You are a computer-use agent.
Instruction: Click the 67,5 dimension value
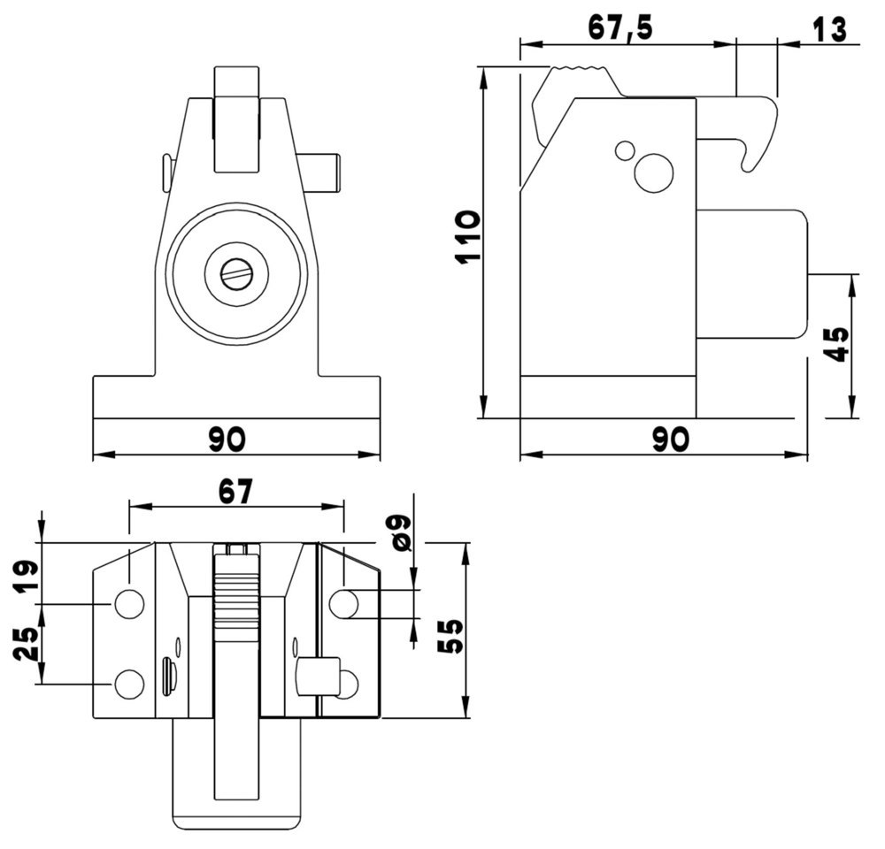point(620,27)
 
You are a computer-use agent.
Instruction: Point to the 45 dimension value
point(836,346)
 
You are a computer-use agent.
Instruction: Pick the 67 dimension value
point(235,492)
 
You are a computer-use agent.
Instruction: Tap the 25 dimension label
point(26,644)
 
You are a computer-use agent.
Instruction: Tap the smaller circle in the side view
point(625,150)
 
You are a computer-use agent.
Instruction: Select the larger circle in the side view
point(654,173)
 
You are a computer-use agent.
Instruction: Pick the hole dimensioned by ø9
point(343,604)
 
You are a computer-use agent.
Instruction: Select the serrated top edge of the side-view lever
point(580,69)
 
